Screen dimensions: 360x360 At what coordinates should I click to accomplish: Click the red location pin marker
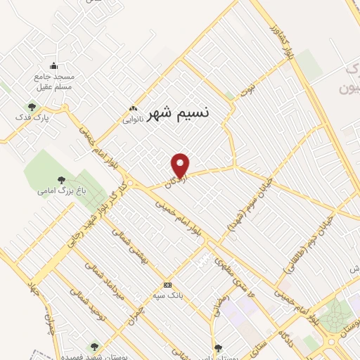181,165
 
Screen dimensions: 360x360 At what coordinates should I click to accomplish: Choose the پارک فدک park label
34,117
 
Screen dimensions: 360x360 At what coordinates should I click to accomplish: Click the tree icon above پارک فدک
32,106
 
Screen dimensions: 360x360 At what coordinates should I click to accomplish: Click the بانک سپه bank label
169,295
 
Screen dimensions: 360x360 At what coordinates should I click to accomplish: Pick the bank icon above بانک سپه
167,285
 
